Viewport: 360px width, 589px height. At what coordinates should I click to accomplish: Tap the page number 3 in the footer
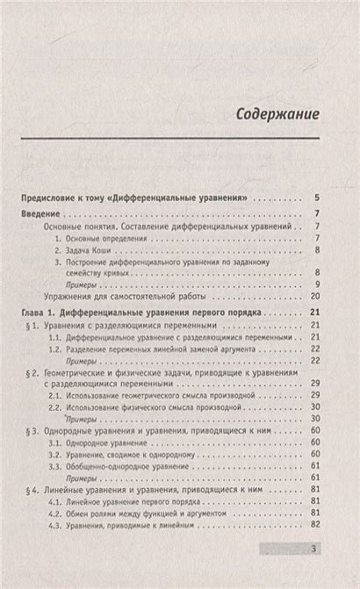(x=314, y=550)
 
